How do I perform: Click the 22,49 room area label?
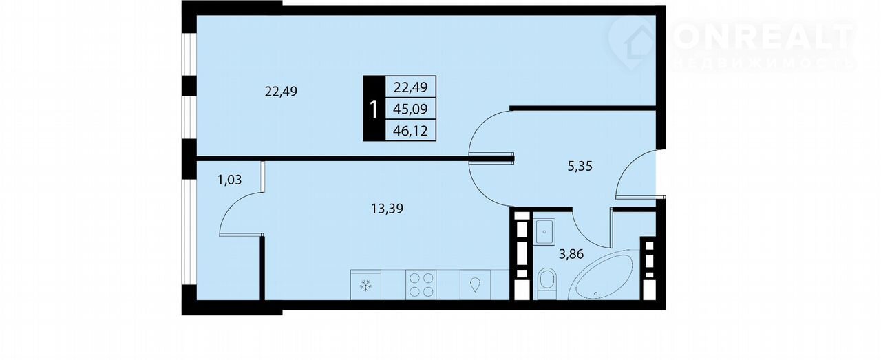(281, 92)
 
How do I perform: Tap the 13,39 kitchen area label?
(387, 209)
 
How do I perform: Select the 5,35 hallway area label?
(580, 167)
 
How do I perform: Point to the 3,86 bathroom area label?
(571, 254)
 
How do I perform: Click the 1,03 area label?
(229, 180)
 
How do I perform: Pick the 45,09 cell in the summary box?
(410, 109)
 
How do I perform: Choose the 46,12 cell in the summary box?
(410, 131)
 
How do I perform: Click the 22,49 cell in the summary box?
(410, 87)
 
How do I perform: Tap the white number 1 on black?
(374, 109)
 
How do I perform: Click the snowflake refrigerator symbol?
(365, 286)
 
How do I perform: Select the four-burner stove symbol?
(421, 285)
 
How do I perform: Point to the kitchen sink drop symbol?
(475, 285)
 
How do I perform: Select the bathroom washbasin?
(544, 231)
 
